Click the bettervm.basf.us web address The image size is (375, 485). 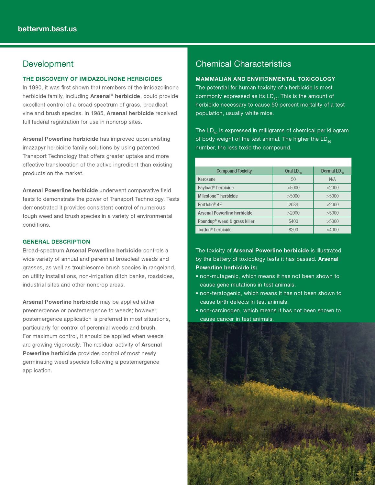[x=47, y=29]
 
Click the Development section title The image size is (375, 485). [x=48, y=64]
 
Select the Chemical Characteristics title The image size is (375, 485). [x=243, y=64]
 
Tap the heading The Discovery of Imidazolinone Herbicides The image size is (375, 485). [x=92, y=79]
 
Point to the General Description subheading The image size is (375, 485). [x=56, y=242]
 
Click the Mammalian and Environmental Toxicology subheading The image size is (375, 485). [x=265, y=79]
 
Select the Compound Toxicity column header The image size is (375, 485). [x=234, y=171]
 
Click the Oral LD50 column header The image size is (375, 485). [x=293, y=171]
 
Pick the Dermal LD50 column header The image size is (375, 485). [x=332, y=171]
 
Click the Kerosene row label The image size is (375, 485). [x=207, y=179]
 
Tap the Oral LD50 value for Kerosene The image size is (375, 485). [x=293, y=179]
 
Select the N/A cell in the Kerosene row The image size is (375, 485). [x=332, y=179]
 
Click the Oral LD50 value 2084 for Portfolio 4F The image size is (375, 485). [x=293, y=205]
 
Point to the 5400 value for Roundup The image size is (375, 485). [x=293, y=221]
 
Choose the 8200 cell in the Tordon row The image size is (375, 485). [x=293, y=230]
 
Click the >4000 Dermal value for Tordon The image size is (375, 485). [x=332, y=230]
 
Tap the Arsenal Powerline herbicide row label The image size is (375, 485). [x=225, y=213]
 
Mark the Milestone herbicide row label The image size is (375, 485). [x=218, y=196]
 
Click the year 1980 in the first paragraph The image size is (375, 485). [x=35, y=88]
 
